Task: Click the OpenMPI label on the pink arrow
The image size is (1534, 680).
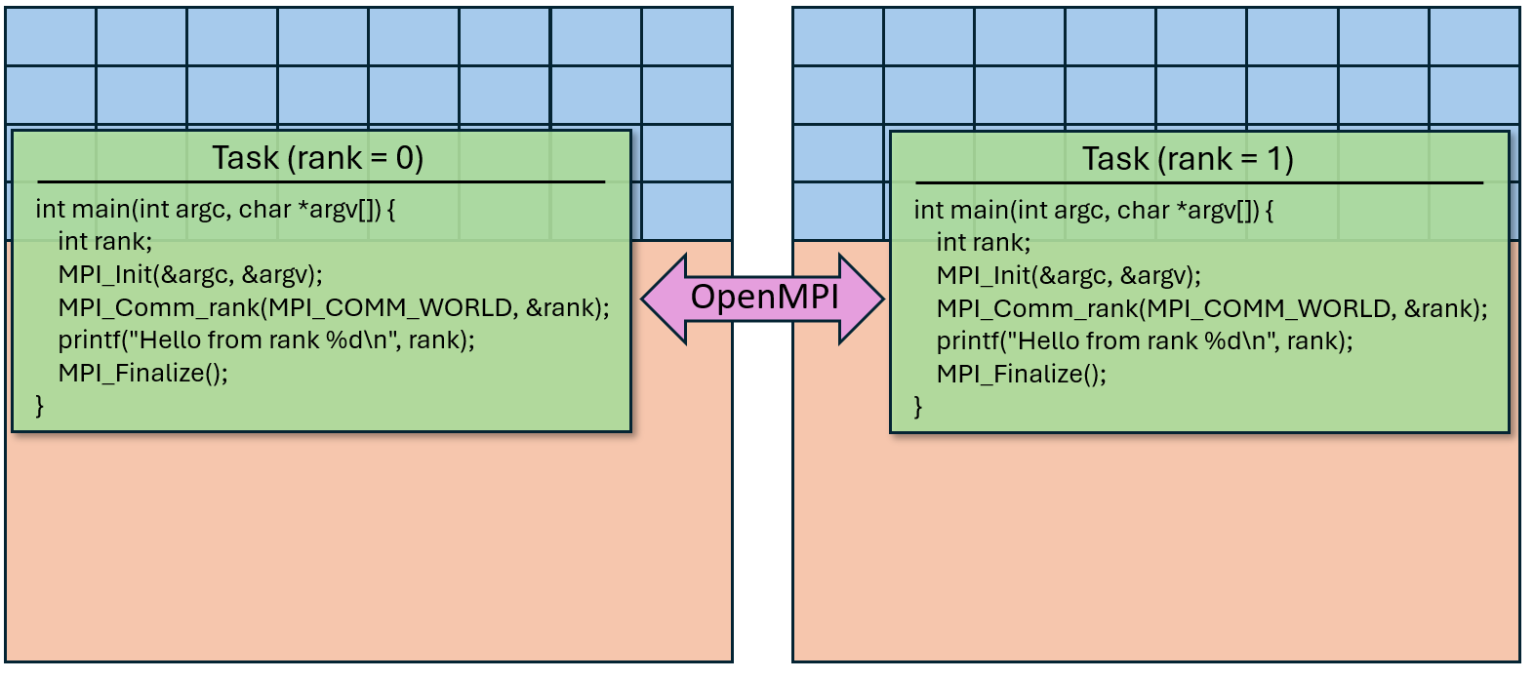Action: pos(764,297)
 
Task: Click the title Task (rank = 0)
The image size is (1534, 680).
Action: pos(318,158)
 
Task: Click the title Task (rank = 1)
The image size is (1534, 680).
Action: pos(1188,159)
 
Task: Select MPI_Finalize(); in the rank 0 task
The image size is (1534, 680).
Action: pos(142,373)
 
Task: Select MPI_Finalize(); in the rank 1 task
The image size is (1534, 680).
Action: pos(1021,374)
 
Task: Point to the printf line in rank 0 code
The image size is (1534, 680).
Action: pos(265,340)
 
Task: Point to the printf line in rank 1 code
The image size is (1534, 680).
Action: pos(1144,341)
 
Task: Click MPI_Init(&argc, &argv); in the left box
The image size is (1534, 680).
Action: pos(189,275)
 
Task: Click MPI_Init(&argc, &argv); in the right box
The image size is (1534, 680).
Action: pos(1068,276)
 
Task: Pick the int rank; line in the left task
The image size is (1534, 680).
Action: pos(104,241)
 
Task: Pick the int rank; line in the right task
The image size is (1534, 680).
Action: pos(983,242)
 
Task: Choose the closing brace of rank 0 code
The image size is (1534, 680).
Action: pos(40,405)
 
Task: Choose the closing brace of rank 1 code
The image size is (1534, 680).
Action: pos(918,406)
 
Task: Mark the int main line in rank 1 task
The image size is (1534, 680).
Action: pos(1093,210)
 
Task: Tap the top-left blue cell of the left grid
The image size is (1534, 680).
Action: pos(51,37)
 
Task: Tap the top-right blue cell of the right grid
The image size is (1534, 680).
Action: pos(1473,37)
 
